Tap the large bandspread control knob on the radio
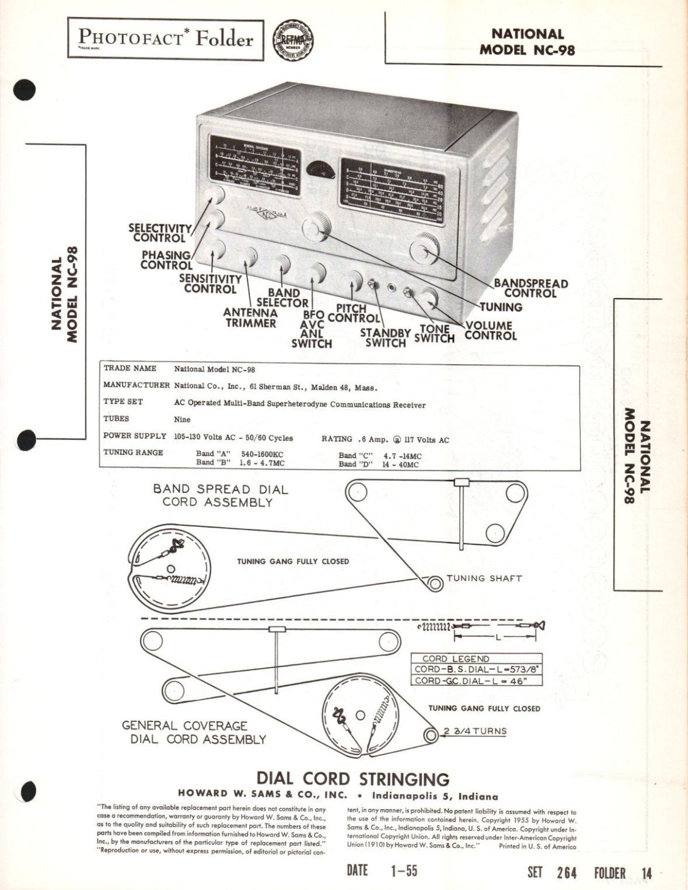pos(425,250)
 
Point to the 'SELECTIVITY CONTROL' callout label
pos(159,233)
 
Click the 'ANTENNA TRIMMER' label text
pos(250,318)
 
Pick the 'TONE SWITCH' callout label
pos(434,334)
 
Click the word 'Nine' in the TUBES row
pos(182,419)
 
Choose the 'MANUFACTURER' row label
pos(136,385)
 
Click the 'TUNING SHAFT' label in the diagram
pos(484,578)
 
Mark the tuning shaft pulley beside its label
pos(434,582)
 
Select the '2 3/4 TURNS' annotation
pos(474,731)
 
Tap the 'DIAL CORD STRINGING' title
pos(353,779)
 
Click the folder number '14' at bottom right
pos(645,873)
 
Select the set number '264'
pos(566,873)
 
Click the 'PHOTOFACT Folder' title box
pos(165,39)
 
